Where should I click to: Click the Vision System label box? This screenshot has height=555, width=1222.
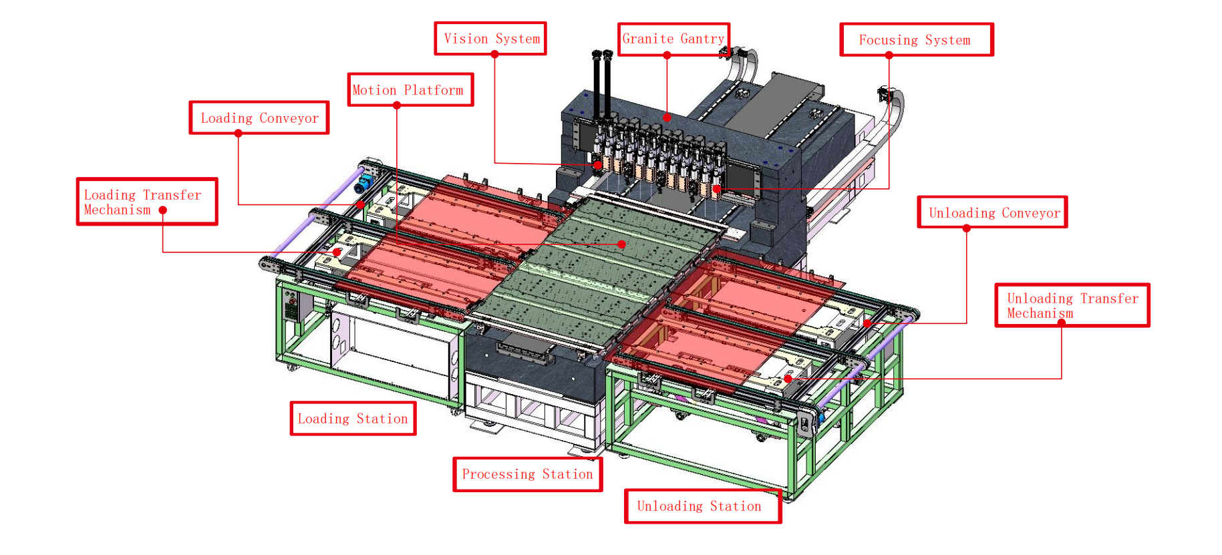(x=490, y=39)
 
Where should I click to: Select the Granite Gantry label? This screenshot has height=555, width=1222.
(x=673, y=39)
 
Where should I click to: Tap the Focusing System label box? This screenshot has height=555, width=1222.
(x=916, y=40)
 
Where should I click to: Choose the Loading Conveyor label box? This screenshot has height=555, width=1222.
(x=259, y=118)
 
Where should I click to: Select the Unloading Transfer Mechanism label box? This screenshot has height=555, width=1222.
(x=1072, y=305)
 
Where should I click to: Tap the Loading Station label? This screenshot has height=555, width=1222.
(x=353, y=419)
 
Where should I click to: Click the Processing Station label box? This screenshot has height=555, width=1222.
(x=527, y=474)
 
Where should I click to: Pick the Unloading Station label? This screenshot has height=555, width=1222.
(x=702, y=506)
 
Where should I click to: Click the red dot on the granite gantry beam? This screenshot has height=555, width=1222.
(x=667, y=118)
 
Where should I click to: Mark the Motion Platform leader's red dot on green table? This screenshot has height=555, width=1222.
(x=622, y=244)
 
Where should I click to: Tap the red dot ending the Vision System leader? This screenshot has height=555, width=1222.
(x=598, y=165)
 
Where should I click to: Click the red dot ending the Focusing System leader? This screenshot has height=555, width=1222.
(x=717, y=189)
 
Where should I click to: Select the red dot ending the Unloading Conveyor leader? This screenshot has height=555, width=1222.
(x=867, y=323)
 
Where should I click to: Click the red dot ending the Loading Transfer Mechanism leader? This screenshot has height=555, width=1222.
(x=337, y=252)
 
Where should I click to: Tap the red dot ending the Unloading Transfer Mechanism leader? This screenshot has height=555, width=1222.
(x=788, y=379)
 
